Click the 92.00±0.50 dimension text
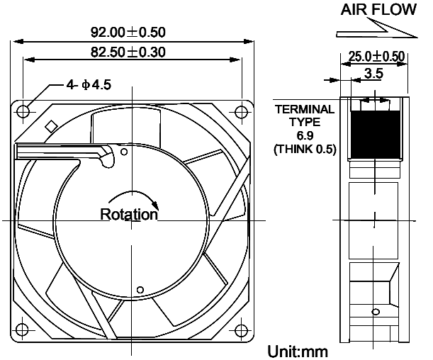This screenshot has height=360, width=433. [128, 33]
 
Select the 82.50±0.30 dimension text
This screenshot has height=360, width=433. [128, 52]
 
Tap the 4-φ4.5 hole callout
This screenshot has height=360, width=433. [89, 85]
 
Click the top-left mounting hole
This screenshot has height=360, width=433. [23, 112]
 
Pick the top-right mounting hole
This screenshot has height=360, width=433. [241, 112]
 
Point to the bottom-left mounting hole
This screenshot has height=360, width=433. [22, 329]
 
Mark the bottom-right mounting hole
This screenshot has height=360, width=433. [241, 329]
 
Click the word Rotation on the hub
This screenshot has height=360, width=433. [129, 214]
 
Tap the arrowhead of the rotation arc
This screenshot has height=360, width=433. [156, 206]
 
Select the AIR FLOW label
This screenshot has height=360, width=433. [378, 10]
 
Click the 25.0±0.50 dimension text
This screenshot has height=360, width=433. [376, 56]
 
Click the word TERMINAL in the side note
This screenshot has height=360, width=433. [305, 109]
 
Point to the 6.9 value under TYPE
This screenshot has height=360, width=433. [305, 135]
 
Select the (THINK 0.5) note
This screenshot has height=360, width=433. [305, 149]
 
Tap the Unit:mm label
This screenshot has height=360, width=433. [298, 351]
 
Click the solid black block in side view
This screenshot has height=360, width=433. [375, 135]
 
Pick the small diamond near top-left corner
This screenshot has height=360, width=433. [51, 126]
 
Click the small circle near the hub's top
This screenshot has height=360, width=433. [124, 152]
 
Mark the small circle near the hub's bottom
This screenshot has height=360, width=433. [140, 290]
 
